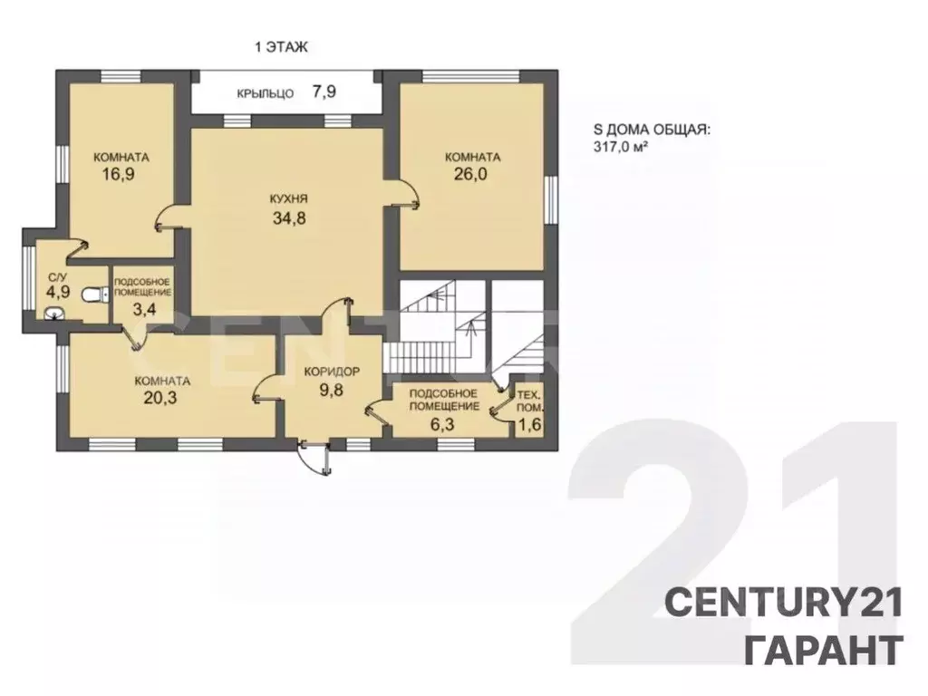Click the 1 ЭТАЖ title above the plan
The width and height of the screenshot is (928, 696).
[x=281, y=47]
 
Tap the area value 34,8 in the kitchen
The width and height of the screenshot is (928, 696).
[x=289, y=217]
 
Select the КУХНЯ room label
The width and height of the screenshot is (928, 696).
[x=288, y=198]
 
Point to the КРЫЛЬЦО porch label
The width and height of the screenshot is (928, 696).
[x=266, y=93]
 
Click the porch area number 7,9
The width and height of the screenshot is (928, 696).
[x=324, y=92]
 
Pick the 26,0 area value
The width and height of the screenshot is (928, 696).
[x=471, y=175]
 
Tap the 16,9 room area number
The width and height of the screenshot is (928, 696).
[x=120, y=174]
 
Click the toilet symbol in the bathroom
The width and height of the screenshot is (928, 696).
[x=94, y=294]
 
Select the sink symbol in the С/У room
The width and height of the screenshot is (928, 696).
[x=55, y=313]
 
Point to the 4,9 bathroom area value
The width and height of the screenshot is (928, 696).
[x=59, y=292]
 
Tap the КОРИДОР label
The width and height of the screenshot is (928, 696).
[x=332, y=372]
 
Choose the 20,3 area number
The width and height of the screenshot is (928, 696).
[x=160, y=398]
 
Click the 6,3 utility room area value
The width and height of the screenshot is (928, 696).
[x=442, y=423]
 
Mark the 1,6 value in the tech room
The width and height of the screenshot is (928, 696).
[x=529, y=424]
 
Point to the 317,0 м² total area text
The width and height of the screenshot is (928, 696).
[x=620, y=146]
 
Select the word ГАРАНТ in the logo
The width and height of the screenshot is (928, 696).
[x=823, y=649]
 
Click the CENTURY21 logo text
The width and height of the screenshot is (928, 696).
[x=784, y=603]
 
